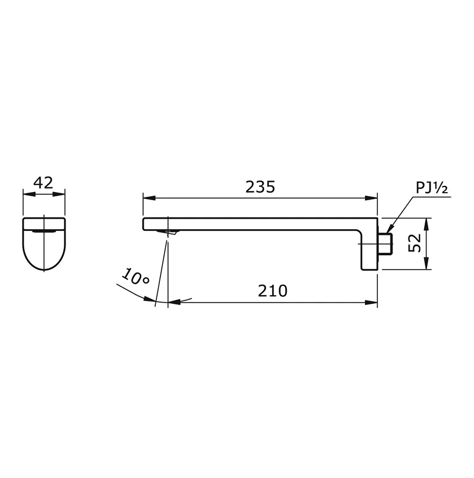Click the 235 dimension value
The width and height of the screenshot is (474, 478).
(260, 187)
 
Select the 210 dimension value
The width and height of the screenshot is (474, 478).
(273, 291)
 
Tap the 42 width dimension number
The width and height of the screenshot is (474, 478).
(43, 183)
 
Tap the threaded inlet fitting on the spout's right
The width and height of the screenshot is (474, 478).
(385, 244)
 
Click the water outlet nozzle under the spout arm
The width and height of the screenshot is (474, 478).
(169, 233)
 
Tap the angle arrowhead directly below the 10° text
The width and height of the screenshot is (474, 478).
(152, 299)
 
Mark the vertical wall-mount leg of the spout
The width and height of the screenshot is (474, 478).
(369, 250)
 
